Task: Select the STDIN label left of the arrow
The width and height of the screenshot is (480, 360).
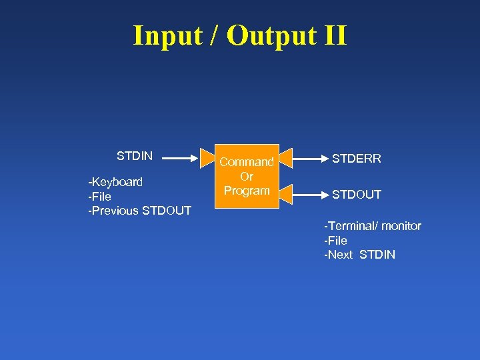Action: tap(135, 156)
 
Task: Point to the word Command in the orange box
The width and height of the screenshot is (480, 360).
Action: tap(247, 162)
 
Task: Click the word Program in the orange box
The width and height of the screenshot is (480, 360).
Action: tap(247, 191)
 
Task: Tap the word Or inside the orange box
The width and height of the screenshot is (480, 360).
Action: tap(247, 177)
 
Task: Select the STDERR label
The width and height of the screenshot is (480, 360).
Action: tap(357, 159)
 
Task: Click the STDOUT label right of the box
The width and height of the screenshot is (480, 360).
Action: tap(357, 195)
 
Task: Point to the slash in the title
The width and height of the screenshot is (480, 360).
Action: tap(215, 35)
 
